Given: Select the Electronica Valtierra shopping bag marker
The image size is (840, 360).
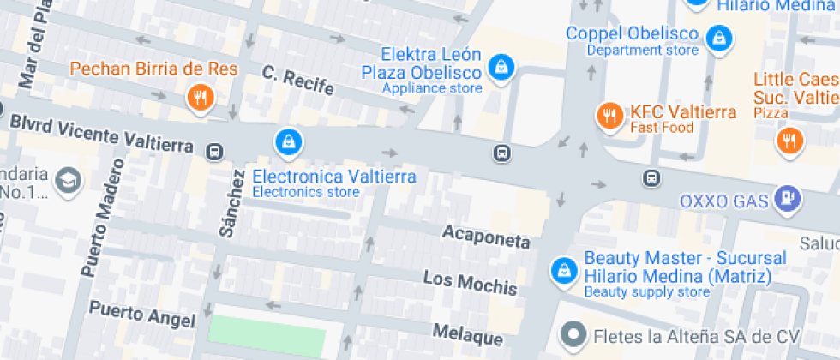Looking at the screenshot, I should [288, 141].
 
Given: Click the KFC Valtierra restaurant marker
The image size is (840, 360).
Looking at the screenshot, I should [609, 115].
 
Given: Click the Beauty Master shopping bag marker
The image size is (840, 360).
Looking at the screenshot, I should [563, 270].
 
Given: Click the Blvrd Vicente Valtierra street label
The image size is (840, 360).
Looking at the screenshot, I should [101, 133].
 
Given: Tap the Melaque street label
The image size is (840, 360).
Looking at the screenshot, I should [467, 331].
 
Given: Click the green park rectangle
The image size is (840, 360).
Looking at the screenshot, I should [268, 337].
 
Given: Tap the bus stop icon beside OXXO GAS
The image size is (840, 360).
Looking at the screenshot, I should [652, 178].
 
